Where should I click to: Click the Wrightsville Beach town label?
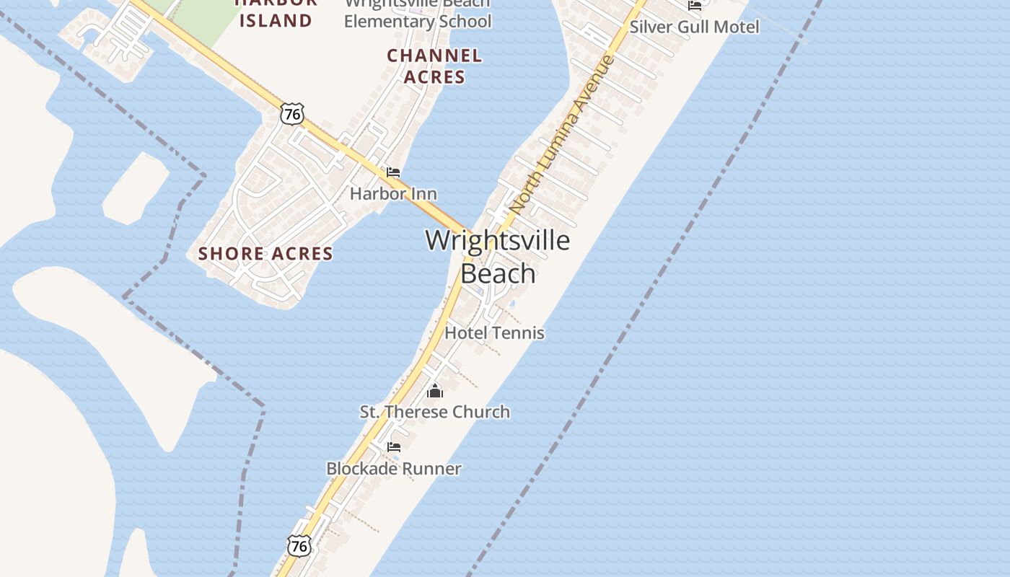(498, 256)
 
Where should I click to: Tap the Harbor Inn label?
(393, 193)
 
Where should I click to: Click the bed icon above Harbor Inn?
(393, 172)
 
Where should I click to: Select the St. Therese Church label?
(435, 412)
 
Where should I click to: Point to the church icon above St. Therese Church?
(435, 391)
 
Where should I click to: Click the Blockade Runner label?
(394, 468)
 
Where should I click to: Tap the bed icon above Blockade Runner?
(394, 447)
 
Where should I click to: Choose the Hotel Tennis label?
(494, 332)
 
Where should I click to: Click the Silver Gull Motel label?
(694, 27)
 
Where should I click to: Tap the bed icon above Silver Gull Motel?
(695, 6)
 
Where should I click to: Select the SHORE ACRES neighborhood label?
(265, 253)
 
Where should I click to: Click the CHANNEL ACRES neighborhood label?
(434, 66)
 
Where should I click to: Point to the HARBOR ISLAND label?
(276, 13)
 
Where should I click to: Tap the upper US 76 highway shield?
(292, 113)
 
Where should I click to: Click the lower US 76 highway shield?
(299, 546)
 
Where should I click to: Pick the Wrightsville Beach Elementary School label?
(418, 13)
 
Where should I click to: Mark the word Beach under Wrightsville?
(498, 274)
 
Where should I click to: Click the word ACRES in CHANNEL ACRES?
(434, 76)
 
